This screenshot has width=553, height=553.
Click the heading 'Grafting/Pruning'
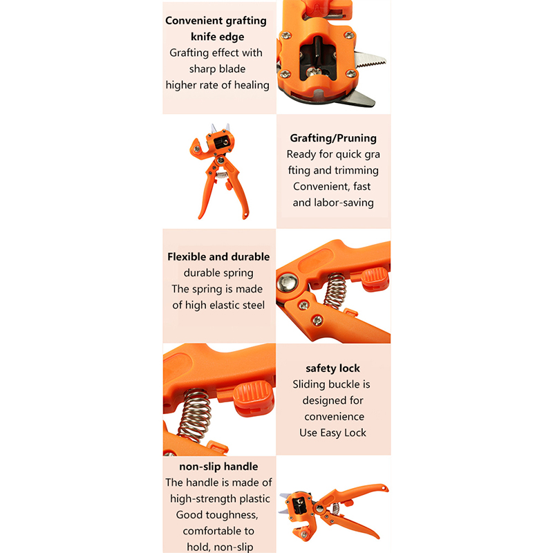(333, 138)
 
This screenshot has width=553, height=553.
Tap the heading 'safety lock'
(332, 368)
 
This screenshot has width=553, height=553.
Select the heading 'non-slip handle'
(218, 467)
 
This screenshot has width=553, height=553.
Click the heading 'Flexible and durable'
(218, 256)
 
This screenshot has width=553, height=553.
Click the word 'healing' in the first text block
(252, 85)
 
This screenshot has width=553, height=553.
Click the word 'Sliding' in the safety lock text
(308, 384)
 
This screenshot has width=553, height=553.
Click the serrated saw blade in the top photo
(371, 60)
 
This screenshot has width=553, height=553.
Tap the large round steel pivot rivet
(287, 283)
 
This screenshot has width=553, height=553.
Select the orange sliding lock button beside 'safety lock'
(254, 398)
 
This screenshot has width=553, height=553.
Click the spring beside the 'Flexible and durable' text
(335, 291)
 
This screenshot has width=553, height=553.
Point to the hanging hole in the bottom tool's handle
(384, 487)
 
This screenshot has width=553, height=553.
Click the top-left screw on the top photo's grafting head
(285, 35)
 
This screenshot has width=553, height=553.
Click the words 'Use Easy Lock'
(332, 433)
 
